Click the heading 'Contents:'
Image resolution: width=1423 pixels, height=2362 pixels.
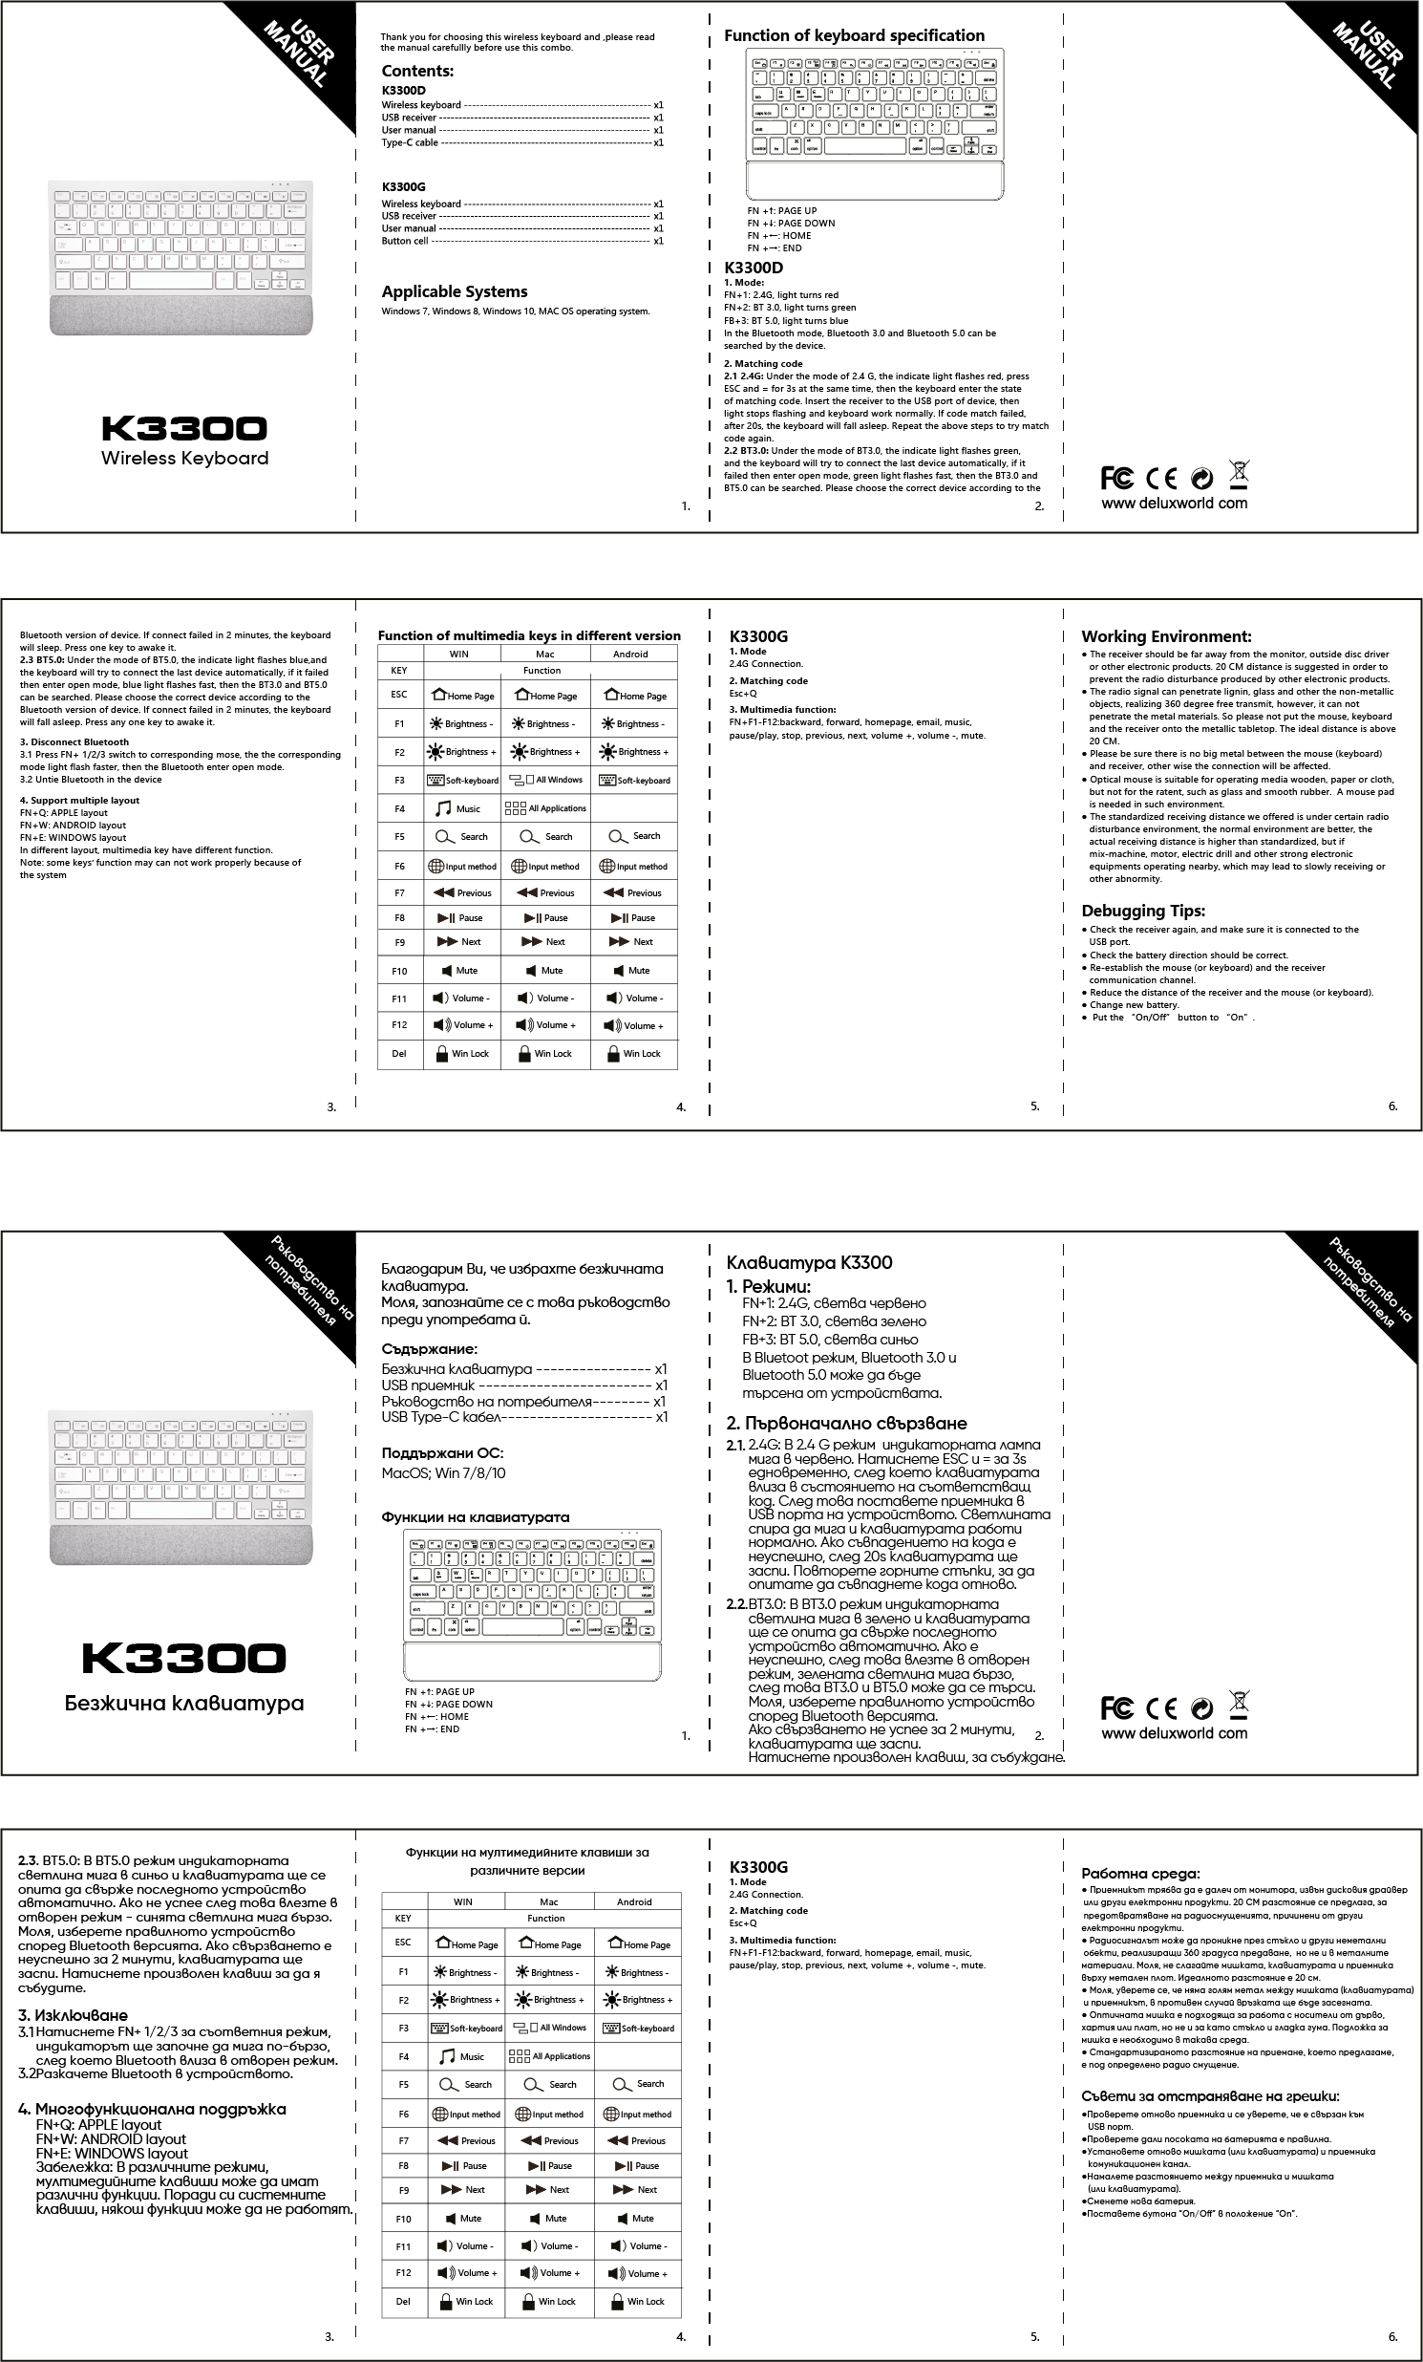[416, 71]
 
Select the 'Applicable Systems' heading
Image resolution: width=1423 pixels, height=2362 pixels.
[455, 291]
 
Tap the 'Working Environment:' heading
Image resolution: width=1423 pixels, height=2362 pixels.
[1166, 636]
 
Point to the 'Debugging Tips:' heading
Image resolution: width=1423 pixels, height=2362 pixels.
[1143, 911]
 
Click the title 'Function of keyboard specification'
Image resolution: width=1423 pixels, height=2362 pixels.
[854, 35]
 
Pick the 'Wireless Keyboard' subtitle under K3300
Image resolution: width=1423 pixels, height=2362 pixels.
[185, 459]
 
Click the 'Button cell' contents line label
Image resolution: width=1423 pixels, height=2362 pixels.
[404, 241]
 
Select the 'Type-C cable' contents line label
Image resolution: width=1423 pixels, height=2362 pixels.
[409, 142]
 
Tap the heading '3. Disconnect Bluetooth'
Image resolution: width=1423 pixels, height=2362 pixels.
[74, 742]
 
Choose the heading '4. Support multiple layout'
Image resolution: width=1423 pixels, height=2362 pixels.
[79, 801]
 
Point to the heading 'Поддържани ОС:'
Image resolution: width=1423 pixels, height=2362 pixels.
[443, 1452]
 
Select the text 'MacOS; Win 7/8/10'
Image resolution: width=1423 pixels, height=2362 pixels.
[444, 1472]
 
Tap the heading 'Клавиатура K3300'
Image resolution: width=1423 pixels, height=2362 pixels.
[809, 1262]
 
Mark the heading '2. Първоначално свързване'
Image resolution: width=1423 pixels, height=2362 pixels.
[846, 1423]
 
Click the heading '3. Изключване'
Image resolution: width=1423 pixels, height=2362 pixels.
[73, 2015]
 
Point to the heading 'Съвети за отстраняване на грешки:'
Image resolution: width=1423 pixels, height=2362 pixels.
[1209, 2095]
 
